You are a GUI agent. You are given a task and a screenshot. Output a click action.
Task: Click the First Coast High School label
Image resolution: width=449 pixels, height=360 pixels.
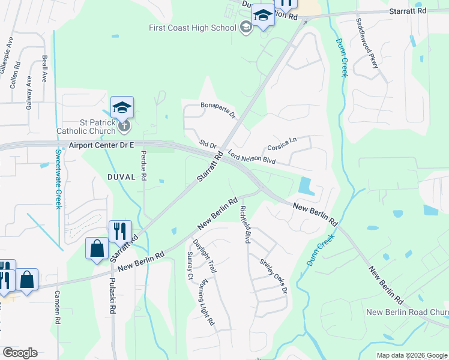point(193,27)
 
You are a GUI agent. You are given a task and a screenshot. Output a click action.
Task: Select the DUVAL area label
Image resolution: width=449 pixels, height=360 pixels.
point(124,177)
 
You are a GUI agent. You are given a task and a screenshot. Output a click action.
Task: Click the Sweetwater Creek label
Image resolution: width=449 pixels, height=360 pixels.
point(59,178)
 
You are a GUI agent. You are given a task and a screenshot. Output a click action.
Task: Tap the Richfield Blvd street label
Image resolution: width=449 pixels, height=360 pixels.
point(244,224)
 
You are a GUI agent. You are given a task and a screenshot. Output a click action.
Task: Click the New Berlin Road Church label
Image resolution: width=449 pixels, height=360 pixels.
point(407,312)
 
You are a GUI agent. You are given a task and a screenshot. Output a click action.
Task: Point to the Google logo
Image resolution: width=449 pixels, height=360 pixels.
point(20,353)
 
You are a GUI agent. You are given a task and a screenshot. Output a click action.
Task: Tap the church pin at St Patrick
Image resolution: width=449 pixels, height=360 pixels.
point(124,125)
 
